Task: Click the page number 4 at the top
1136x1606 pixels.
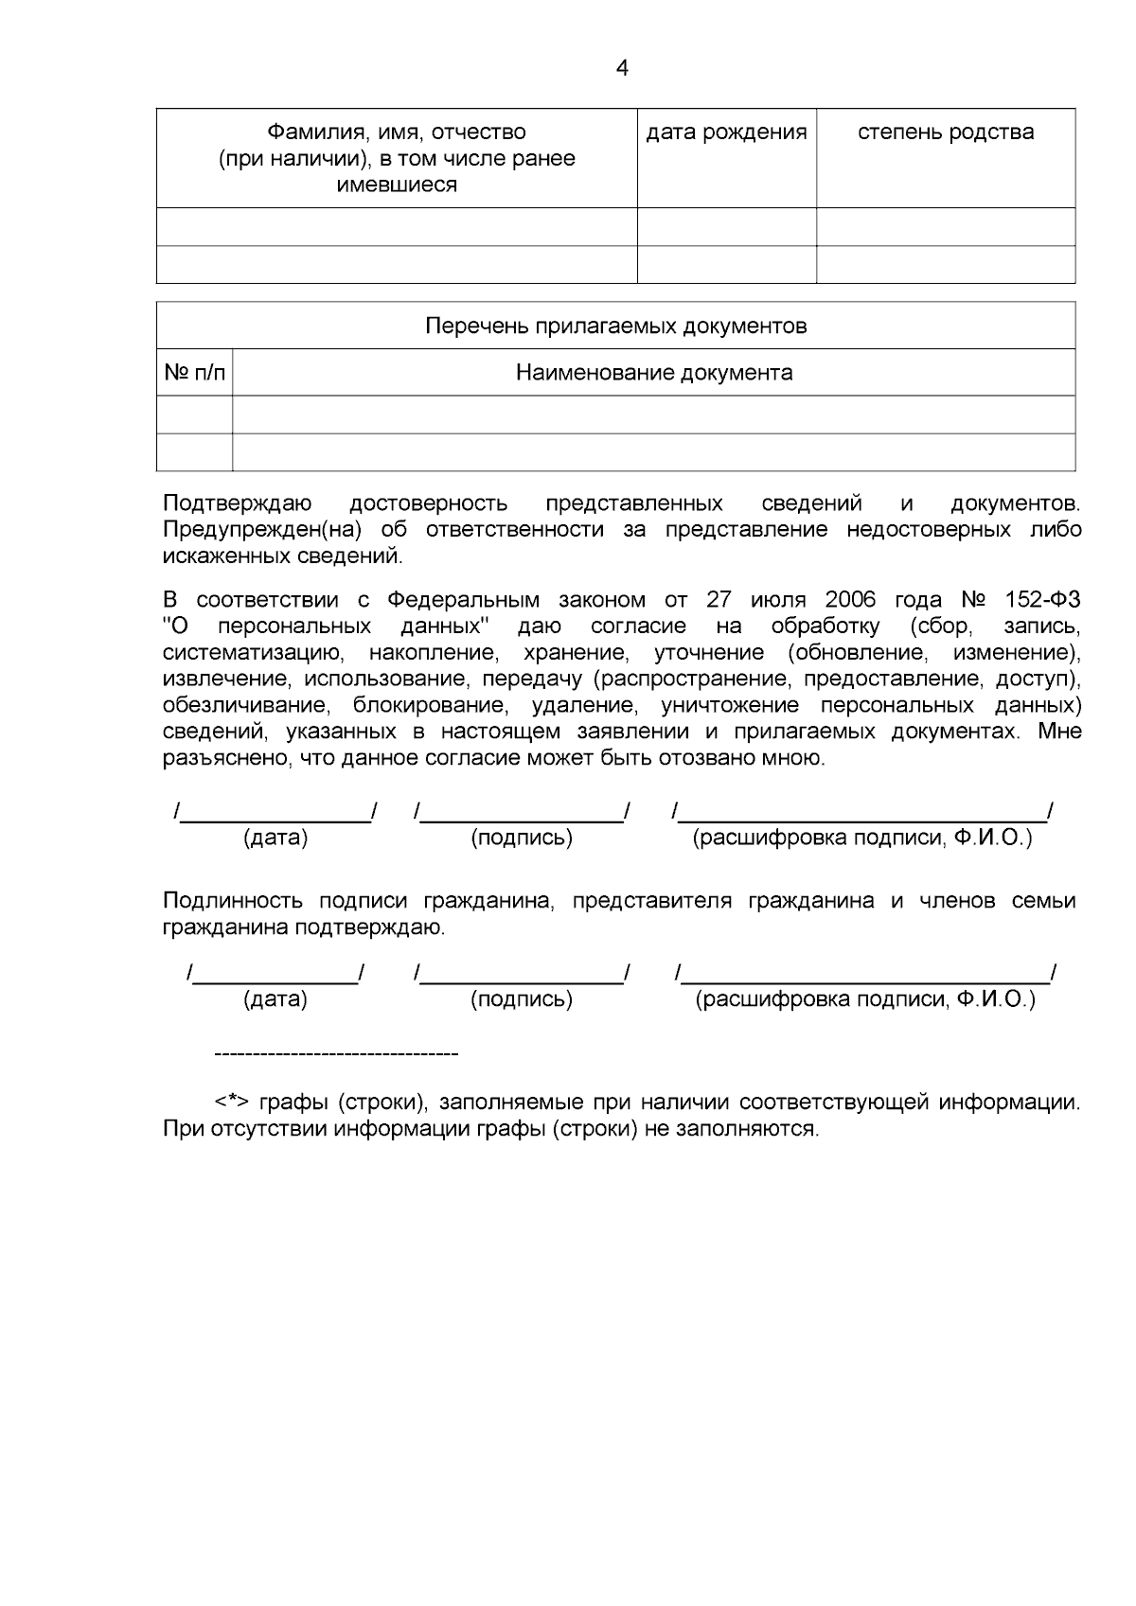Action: (621, 68)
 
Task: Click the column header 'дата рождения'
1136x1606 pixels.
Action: (726, 132)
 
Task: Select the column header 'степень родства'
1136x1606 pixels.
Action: (945, 132)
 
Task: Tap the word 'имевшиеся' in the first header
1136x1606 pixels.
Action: (397, 185)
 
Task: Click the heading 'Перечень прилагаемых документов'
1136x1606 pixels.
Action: (615, 326)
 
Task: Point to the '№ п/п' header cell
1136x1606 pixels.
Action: (194, 372)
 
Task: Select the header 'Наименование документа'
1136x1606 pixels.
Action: (653, 372)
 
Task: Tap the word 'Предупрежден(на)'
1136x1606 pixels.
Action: (263, 529)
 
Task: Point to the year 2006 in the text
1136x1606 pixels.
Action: (851, 600)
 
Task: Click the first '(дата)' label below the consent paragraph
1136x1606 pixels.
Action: (275, 838)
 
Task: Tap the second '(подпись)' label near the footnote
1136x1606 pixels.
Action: (521, 999)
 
